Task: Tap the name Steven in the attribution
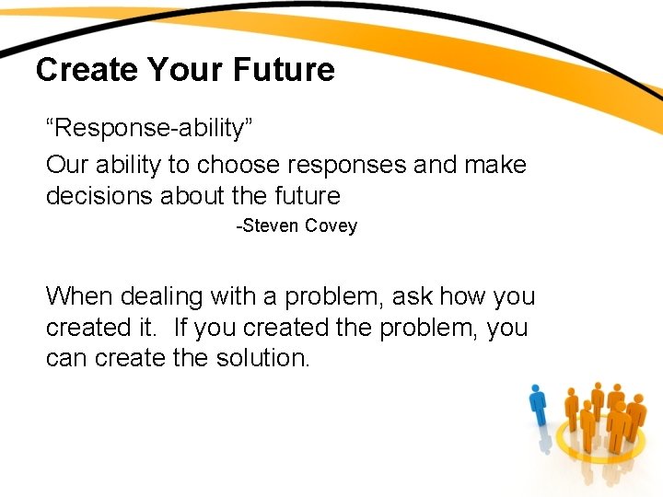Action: (x=268, y=226)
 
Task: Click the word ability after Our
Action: (x=127, y=165)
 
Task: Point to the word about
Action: (x=193, y=196)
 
